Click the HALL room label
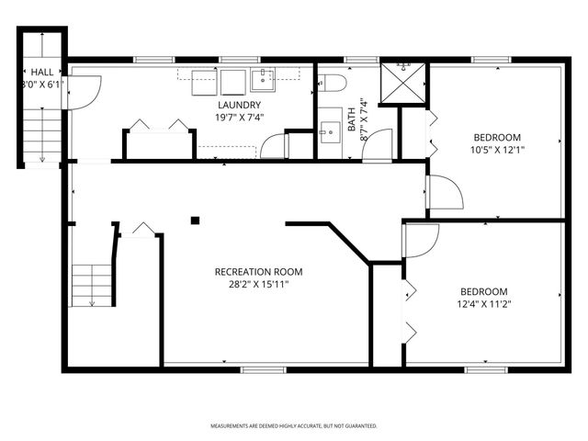(42, 71)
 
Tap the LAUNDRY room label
(240, 105)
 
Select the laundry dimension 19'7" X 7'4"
(240, 117)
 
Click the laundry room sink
(262, 78)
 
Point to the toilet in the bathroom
(334, 84)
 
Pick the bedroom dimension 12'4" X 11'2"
(483, 303)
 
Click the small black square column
(195, 220)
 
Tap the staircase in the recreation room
(92, 285)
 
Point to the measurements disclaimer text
(294, 426)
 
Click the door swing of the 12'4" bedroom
(421, 241)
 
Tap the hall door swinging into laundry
(84, 92)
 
